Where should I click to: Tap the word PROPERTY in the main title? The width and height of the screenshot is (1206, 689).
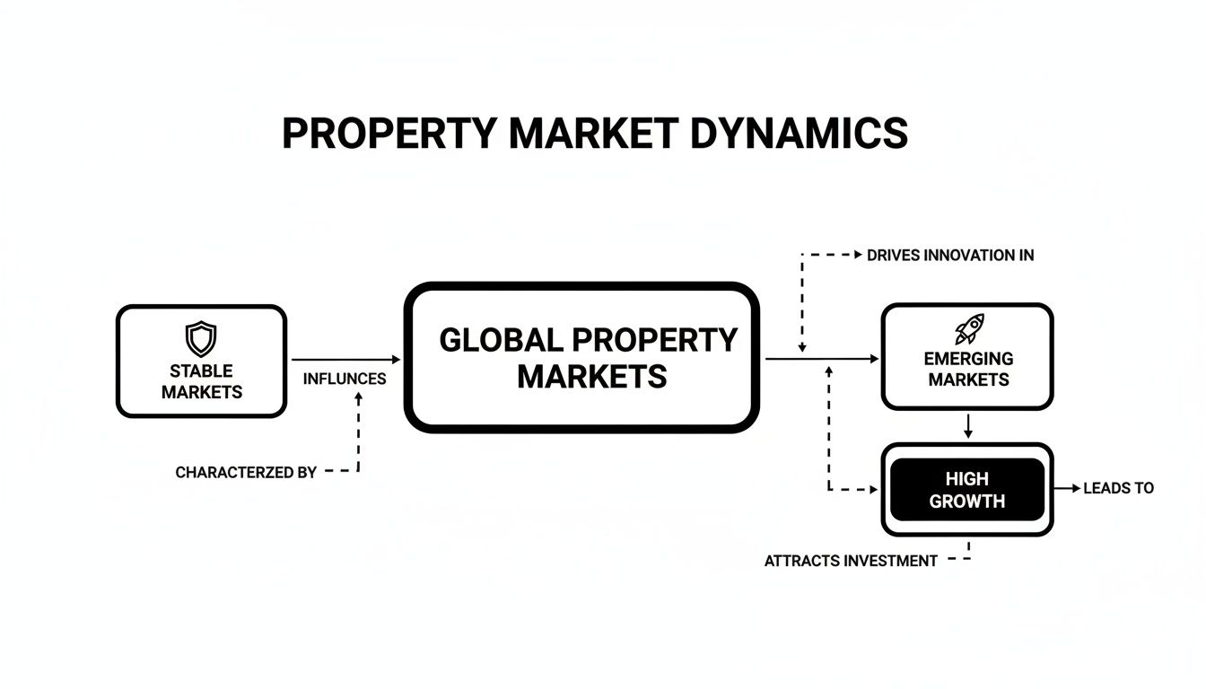tap(389, 134)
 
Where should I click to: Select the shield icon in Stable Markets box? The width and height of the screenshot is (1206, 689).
tap(201, 339)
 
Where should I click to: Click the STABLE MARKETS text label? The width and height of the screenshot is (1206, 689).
tap(202, 381)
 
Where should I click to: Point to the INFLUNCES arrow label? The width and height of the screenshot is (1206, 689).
tap(345, 379)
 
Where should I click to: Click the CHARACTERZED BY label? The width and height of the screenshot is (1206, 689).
tap(246, 472)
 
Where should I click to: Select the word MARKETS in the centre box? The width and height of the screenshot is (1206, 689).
tap(592, 376)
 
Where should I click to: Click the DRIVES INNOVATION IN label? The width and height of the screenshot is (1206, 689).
tap(950, 256)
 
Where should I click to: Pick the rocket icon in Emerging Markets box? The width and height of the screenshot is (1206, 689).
tap(969, 329)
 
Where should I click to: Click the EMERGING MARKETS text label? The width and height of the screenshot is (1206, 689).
tap(968, 369)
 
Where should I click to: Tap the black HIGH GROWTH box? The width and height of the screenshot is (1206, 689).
tap(967, 490)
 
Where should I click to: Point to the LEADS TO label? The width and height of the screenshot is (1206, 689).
tap(1118, 489)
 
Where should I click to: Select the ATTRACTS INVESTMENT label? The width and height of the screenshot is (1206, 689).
tap(851, 562)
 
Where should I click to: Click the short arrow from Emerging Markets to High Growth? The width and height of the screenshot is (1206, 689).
tap(967, 426)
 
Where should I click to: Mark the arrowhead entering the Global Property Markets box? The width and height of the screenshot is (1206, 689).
tap(396, 359)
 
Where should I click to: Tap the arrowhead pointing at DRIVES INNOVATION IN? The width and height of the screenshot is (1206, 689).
tap(859, 256)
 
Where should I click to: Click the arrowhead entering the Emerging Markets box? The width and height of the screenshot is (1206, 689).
tap(874, 359)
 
